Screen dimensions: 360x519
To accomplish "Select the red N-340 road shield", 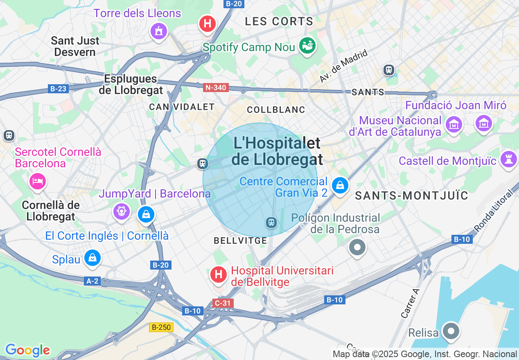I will (x=216, y=88).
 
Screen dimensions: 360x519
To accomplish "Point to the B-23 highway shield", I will (x=57, y=88).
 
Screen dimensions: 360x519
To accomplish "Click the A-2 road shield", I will (x=93, y=281).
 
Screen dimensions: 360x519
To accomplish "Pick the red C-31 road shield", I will (x=223, y=303).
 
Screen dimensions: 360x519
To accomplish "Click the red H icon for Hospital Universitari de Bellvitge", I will (x=219, y=274).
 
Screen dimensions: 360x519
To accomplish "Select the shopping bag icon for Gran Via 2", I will (x=340, y=185).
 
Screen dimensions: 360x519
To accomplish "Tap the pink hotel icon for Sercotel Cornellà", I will (x=37, y=181).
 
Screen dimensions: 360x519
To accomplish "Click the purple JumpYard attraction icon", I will (x=122, y=211).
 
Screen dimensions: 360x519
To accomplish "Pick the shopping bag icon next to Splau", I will (x=93, y=258).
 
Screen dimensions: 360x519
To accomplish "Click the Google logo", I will (x=27, y=350).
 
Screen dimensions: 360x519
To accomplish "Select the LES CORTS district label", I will (x=279, y=22).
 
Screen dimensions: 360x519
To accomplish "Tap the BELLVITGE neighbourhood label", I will (x=240, y=241).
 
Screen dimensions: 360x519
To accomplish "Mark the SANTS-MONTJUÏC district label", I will (x=411, y=196).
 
